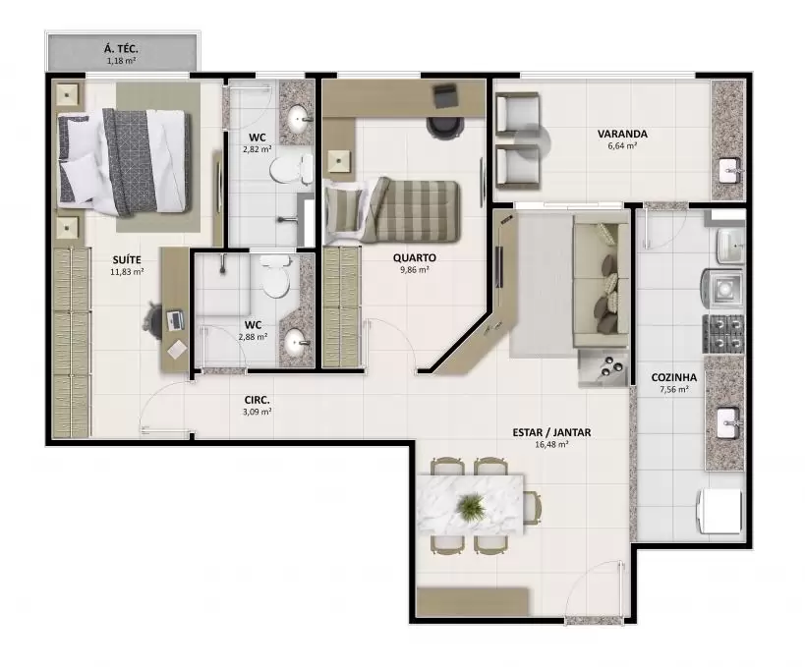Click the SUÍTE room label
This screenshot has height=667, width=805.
click(x=127, y=260)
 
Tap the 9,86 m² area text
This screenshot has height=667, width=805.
click(x=415, y=270)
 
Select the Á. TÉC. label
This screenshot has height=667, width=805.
click(x=121, y=49)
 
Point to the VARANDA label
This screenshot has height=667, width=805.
click(x=622, y=134)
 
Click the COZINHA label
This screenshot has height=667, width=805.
click(x=674, y=377)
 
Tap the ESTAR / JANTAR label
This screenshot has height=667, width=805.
click(x=551, y=432)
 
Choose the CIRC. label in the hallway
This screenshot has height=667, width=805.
click(x=258, y=400)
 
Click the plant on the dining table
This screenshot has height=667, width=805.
click(x=470, y=506)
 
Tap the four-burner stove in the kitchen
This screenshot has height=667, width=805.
click(x=723, y=334)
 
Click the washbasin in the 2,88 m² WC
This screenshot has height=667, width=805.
click(x=295, y=341)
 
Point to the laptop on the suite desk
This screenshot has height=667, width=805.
click(x=175, y=320)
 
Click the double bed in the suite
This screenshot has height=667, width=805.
click(x=124, y=160)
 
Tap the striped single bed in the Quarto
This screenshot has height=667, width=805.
click(x=393, y=210)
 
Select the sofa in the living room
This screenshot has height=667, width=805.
click(x=601, y=281)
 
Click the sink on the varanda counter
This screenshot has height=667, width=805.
click(x=730, y=170)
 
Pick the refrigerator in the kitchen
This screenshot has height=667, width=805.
click(x=719, y=511)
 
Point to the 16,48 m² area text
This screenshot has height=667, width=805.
click(x=551, y=444)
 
